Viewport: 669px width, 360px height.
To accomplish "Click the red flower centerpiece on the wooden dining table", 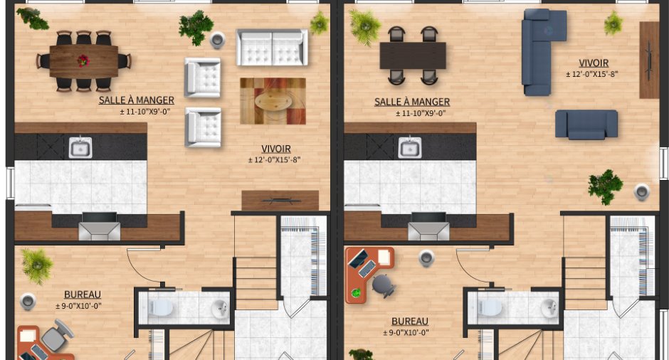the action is click(83, 61).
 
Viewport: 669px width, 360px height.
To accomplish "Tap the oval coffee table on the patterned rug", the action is click(273, 102).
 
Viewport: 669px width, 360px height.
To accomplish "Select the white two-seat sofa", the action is click(272, 48).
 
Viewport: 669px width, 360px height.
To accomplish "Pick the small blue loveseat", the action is click(586, 124).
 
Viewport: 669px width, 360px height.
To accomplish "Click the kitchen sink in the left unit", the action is click(80, 147).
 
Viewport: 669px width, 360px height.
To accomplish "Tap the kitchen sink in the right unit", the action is click(410, 147).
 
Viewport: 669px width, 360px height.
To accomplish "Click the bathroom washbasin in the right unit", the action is click(549, 308).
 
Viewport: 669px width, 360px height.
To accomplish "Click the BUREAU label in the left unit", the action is click(83, 295).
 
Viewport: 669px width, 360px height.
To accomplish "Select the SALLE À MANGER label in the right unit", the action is click(412, 102).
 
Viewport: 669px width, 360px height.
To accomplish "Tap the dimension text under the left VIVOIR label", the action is click(274, 160).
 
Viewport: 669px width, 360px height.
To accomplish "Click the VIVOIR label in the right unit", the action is click(594, 63).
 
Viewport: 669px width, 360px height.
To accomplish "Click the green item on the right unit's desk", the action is click(356, 293).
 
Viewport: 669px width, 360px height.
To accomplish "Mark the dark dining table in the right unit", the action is click(413, 55).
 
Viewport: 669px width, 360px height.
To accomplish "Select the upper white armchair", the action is click(203, 78).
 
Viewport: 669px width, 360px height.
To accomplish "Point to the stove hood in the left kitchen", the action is click(100, 226).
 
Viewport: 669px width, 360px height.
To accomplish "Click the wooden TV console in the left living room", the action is click(280, 201).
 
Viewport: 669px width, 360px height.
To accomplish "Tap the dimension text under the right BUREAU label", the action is click(406, 333).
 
